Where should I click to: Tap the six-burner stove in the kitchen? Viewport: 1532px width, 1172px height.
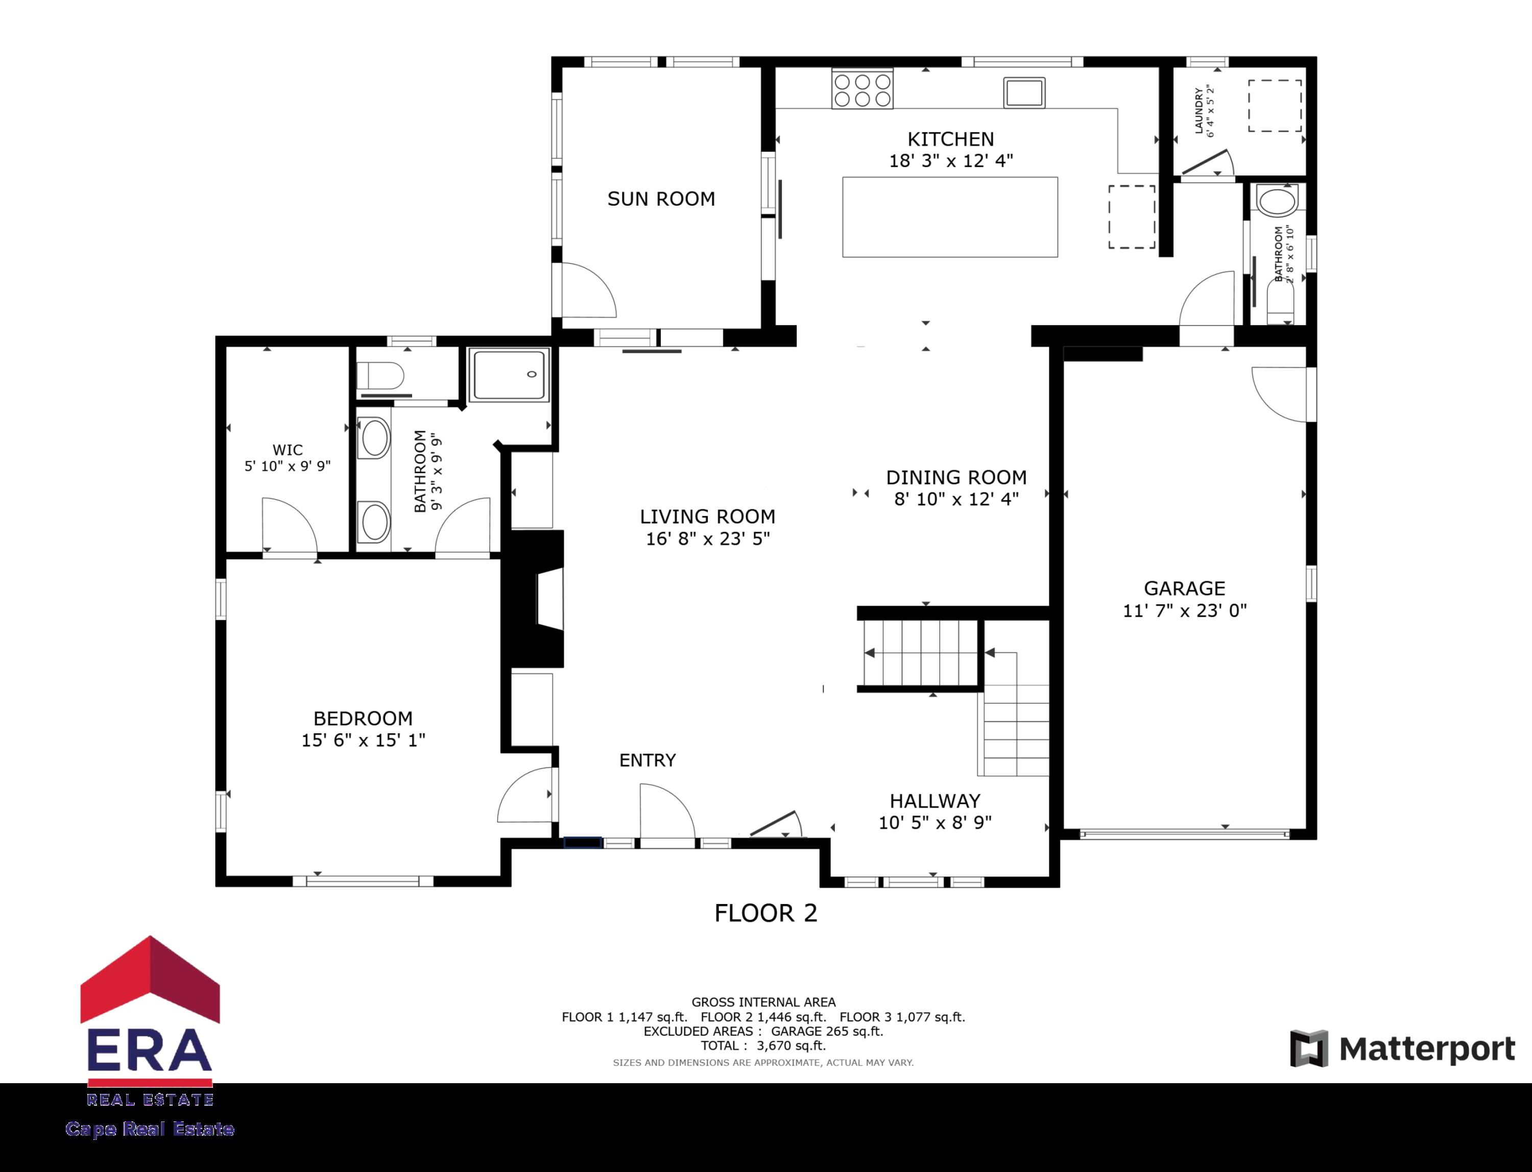click(862, 89)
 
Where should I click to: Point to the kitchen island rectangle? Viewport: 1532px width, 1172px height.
click(949, 217)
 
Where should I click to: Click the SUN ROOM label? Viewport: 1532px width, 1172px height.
click(661, 199)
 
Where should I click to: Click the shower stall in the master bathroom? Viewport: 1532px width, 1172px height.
click(509, 375)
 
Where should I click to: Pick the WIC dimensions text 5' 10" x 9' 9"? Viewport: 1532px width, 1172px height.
click(287, 466)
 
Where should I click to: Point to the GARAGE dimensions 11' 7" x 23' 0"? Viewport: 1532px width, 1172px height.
click(1184, 611)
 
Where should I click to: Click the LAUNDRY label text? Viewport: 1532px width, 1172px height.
click(1199, 110)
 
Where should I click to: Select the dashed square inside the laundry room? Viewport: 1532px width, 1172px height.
click(1275, 106)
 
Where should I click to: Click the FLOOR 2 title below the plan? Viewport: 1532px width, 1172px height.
click(765, 913)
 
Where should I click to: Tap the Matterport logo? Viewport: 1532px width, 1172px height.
click(1403, 1048)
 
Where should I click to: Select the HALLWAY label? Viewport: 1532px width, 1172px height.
click(935, 800)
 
